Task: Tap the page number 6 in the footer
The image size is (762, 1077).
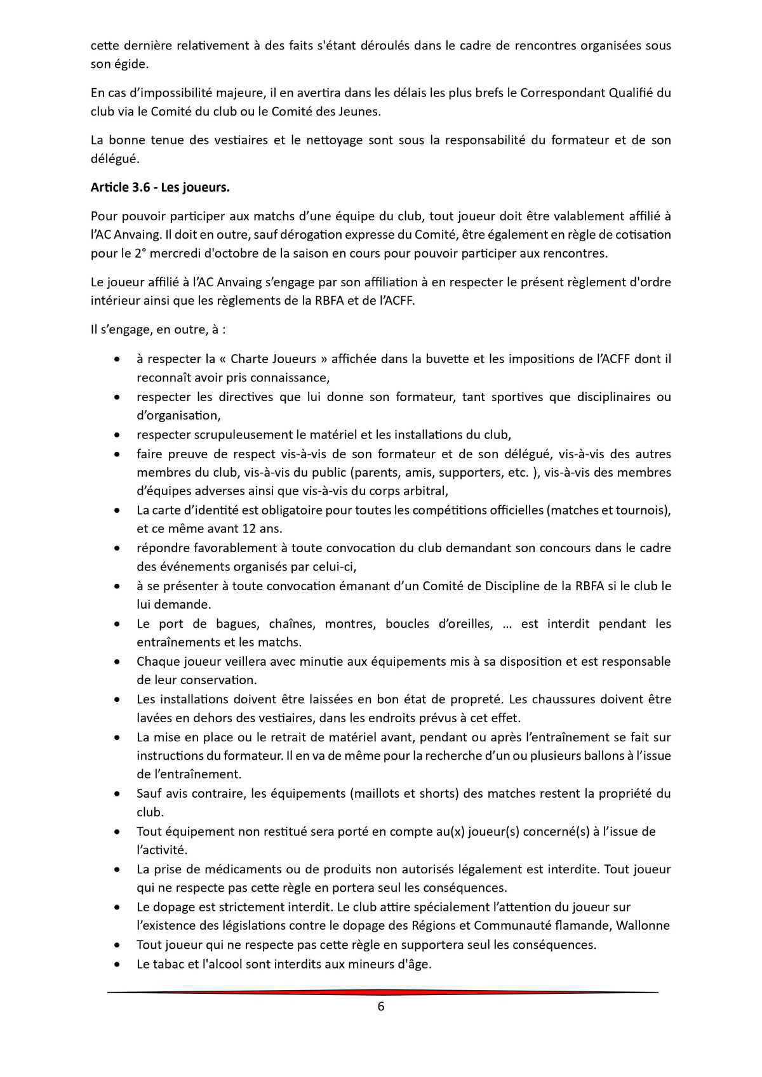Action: [381, 1007]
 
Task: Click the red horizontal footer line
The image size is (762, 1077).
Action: [381, 992]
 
